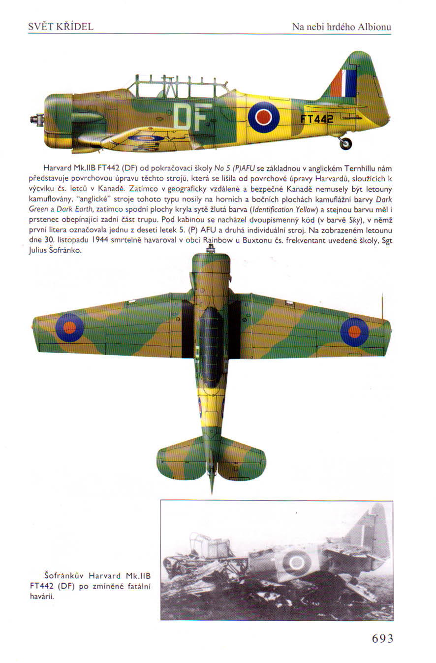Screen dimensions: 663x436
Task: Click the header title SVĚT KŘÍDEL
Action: [61, 27]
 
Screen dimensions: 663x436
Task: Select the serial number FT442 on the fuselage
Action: [317, 119]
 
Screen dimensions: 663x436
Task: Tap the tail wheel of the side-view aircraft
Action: [346, 143]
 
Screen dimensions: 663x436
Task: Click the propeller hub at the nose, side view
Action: [35, 119]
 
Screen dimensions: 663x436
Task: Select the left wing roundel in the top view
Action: [69, 328]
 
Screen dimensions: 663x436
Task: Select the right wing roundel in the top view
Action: [354, 331]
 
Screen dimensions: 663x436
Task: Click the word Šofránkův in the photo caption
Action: [59, 575]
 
